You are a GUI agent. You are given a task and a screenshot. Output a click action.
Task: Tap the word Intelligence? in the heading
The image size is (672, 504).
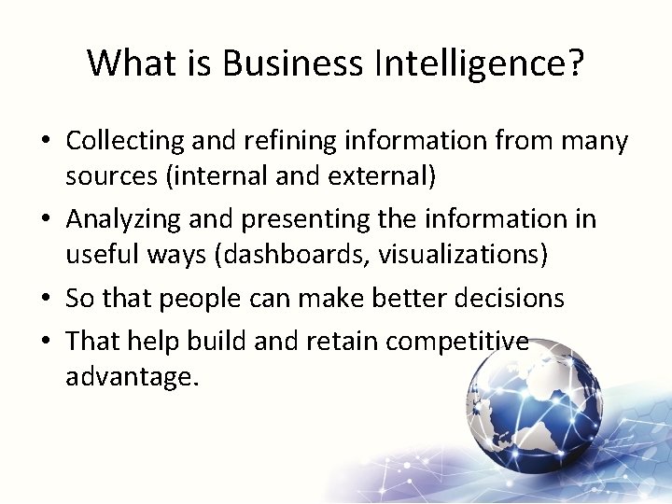point(480,63)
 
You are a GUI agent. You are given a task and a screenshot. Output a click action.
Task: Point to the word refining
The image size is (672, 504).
point(289,142)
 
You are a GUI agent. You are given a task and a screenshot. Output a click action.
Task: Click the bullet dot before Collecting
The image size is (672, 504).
point(46,143)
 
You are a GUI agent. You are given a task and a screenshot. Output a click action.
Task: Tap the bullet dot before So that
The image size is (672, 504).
point(46,300)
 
